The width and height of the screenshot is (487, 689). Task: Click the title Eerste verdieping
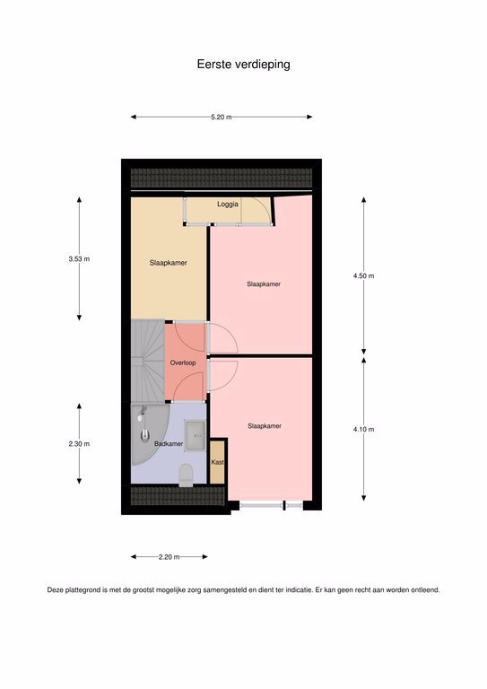click(x=243, y=65)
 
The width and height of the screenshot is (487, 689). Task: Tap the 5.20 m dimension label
click(x=222, y=118)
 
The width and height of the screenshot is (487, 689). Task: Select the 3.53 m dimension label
click(x=79, y=258)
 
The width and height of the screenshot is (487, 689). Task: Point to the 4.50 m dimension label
click(x=363, y=276)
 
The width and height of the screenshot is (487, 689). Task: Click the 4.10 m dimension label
click(x=363, y=430)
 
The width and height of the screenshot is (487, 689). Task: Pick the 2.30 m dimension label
click(x=79, y=444)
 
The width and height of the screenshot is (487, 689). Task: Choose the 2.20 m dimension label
click(x=170, y=557)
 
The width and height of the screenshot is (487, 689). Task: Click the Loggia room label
click(x=228, y=205)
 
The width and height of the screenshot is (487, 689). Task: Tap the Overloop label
click(x=183, y=362)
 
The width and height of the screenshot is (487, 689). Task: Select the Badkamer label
click(x=169, y=444)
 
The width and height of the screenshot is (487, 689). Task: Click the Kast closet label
click(x=217, y=462)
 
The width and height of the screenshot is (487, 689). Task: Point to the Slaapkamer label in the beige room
click(x=169, y=263)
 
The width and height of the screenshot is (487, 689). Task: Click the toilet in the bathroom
click(x=186, y=475)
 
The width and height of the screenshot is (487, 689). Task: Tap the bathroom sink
click(x=196, y=435)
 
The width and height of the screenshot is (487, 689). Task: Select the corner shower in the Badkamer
click(x=148, y=432)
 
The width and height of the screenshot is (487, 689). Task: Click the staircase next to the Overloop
click(x=148, y=362)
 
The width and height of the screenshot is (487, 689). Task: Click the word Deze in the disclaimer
click(x=56, y=590)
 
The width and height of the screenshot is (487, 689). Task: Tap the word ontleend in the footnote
click(x=424, y=590)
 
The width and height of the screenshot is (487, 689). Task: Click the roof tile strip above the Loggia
click(x=222, y=178)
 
